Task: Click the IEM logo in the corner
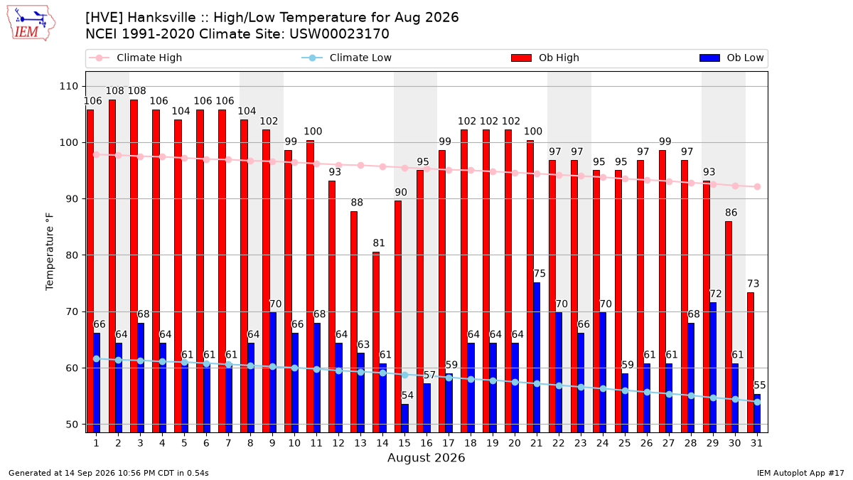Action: tap(31, 23)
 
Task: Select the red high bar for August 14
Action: tap(376, 342)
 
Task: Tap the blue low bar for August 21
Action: tap(537, 358)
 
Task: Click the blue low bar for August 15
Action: tap(404, 418)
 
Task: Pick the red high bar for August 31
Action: tap(750, 363)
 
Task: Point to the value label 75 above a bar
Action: tap(540, 274)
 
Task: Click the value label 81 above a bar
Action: tap(378, 243)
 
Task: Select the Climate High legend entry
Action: tap(135, 58)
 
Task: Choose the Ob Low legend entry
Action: tap(731, 58)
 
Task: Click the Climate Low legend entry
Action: tap(346, 58)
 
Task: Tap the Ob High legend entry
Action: tap(545, 58)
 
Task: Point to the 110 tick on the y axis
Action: tap(68, 87)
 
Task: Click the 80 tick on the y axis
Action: tap(72, 255)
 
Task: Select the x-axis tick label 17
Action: tap(449, 443)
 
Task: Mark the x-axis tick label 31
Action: tap(756, 443)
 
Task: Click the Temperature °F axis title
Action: tap(50, 252)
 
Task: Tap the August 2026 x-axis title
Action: tap(426, 457)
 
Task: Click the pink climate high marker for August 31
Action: tap(758, 186)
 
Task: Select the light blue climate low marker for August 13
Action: tap(360, 372)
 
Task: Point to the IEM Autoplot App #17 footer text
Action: tap(800, 473)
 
